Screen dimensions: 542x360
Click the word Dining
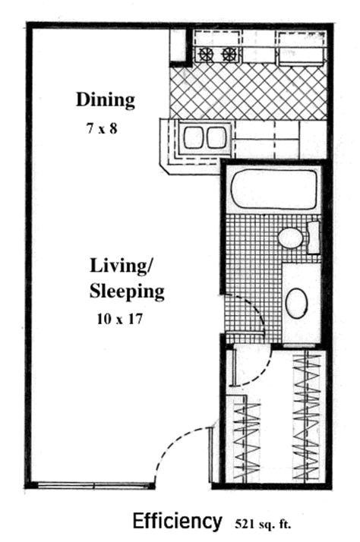(x=105, y=99)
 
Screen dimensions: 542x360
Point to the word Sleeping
(x=127, y=291)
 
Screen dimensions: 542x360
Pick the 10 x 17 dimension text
(x=121, y=320)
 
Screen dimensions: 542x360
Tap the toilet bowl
(x=290, y=238)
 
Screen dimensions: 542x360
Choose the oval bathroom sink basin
(x=297, y=304)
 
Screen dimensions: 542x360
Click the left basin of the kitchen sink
(x=193, y=138)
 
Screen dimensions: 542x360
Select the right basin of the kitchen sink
(x=216, y=138)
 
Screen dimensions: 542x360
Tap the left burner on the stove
(x=205, y=55)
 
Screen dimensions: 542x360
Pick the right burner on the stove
(x=229, y=55)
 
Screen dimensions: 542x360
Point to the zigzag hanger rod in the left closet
(x=246, y=440)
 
